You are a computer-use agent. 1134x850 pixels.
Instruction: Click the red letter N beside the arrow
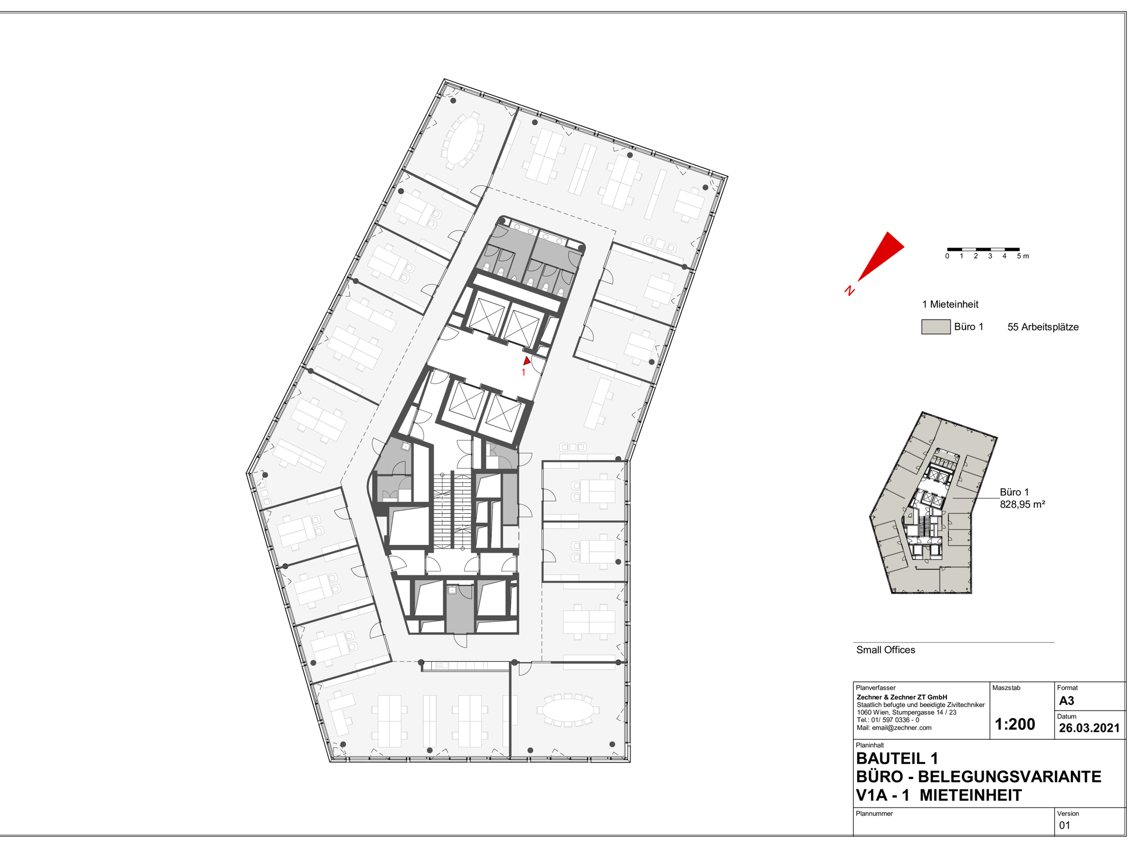click(849, 290)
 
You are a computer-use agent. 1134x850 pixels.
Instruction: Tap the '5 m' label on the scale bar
click(1023, 256)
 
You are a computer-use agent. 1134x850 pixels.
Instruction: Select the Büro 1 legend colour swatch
click(936, 327)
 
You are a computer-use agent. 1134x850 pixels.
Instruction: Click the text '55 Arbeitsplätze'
click(1043, 327)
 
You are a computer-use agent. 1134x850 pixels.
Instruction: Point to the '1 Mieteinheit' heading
click(950, 304)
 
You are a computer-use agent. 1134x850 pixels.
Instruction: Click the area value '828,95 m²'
click(1022, 504)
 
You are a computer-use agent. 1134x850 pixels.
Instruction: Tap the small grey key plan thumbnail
click(933, 503)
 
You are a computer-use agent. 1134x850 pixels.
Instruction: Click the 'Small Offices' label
click(885, 650)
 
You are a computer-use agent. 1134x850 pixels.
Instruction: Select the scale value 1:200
click(1015, 724)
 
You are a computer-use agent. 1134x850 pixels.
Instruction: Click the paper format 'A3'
click(1066, 700)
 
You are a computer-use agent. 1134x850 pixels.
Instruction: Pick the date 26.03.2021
click(1089, 728)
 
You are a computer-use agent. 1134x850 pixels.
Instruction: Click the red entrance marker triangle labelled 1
click(527, 360)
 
